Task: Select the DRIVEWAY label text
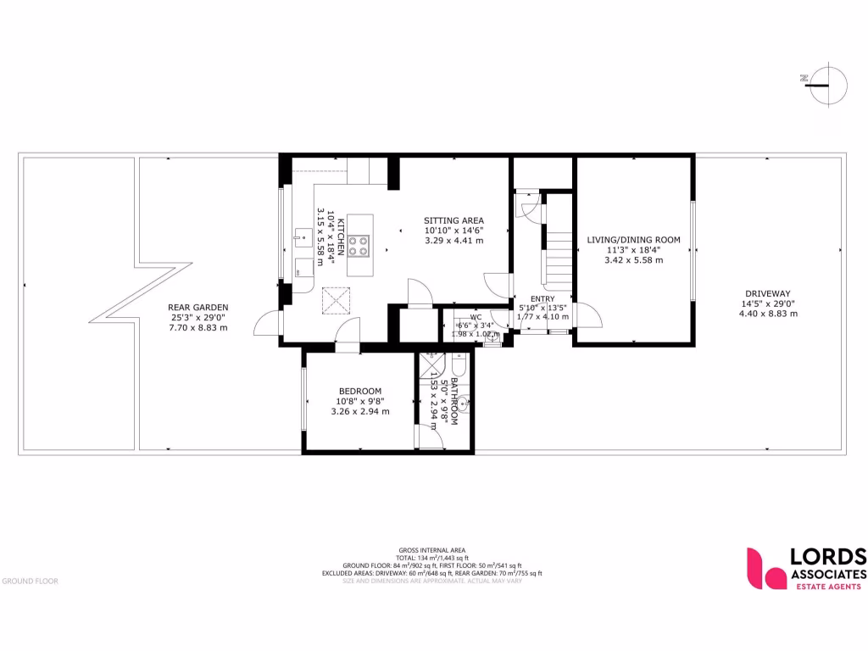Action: (768, 293)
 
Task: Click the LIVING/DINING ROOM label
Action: (633, 240)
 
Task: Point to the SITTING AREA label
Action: (453, 220)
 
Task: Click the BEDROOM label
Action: (359, 391)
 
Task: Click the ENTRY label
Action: (542, 298)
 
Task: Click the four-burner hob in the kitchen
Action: (359, 245)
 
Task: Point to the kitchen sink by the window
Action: (303, 236)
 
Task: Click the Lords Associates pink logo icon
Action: (765, 567)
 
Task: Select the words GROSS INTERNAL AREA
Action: (433, 550)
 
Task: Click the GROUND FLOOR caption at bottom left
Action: (30, 581)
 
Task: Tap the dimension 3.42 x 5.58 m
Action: (633, 260)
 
